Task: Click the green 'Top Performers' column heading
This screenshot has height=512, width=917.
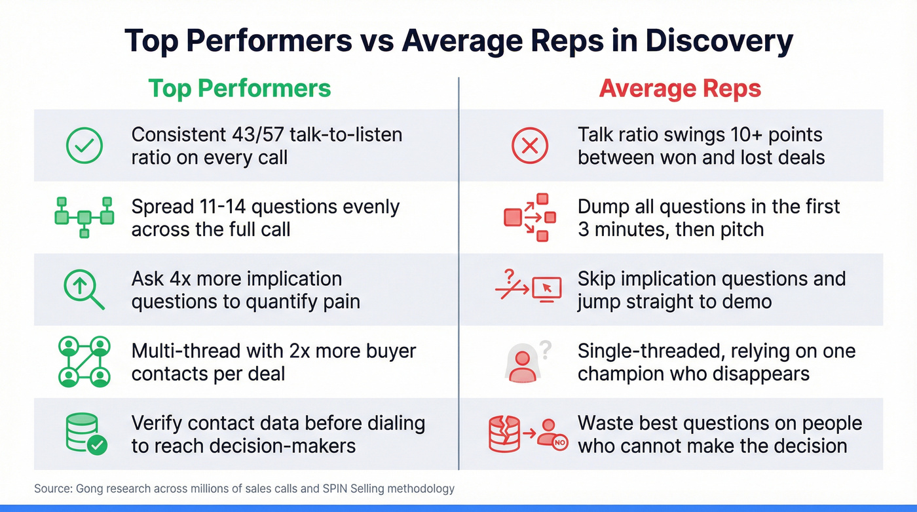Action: pyautogui.click(x=240, y=89)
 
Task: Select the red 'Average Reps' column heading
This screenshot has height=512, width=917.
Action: pyautogui.click(x=680, y=89)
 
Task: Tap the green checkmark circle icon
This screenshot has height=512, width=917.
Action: pyautogui.click(x=84, y=146)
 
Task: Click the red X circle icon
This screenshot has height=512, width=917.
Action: pyautogui.click(x=529, y=146)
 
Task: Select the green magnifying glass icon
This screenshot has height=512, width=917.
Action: pyautogui.click(x=83, y=289)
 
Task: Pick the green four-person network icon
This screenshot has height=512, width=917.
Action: pyautogui.click(x=83, y=361)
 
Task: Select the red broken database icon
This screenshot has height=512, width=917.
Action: pyautogui.click(x=504, y=434)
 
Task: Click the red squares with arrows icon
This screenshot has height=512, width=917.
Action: pyautogui.click(x=529, y=217)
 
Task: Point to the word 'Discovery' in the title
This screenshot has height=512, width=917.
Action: pyautogui.click(x=719, y=41)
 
